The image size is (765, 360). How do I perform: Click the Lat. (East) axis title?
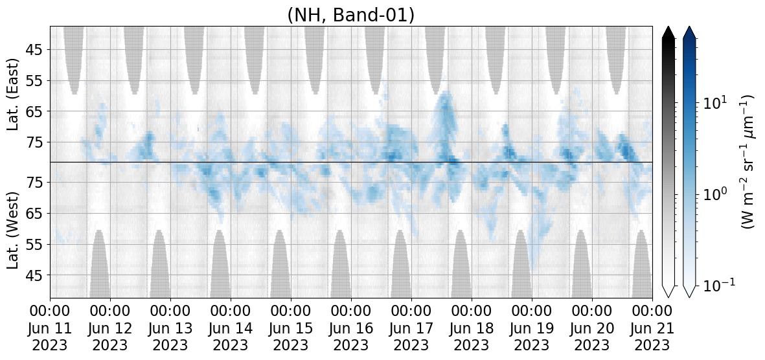(13, 95)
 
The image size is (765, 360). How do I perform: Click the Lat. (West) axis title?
(13, 230)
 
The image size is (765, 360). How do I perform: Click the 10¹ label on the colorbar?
(714, 102)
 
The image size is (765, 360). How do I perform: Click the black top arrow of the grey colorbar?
(668, 32)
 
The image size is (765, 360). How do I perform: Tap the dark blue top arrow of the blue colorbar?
(689, 32)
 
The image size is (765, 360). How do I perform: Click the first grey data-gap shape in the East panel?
(74, 56)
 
